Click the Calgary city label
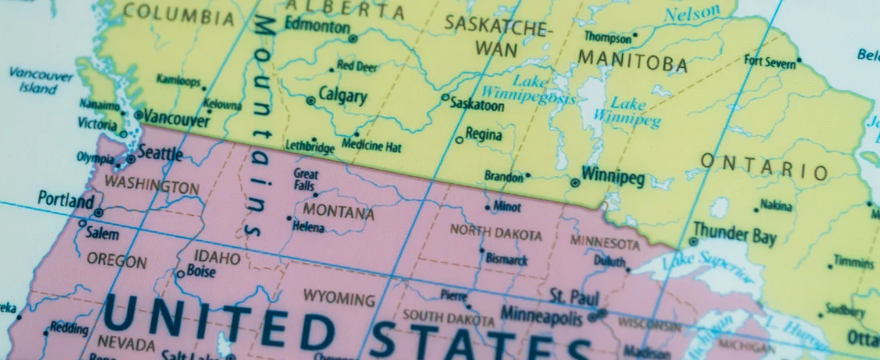[342, 96]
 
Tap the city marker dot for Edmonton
[353, 38]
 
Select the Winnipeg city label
[613, 176]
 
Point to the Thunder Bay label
[734, 234]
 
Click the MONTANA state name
[338, 214]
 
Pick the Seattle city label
[160, 153]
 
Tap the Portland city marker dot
[98, 213]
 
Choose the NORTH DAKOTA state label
[495, 233]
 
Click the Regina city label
[483, 135]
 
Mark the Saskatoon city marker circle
[446, 98]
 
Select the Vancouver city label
[176, 120]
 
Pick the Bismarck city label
[507, 260]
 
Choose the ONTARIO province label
[764, 168]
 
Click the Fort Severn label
[770, 62]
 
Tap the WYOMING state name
[338, 299]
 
